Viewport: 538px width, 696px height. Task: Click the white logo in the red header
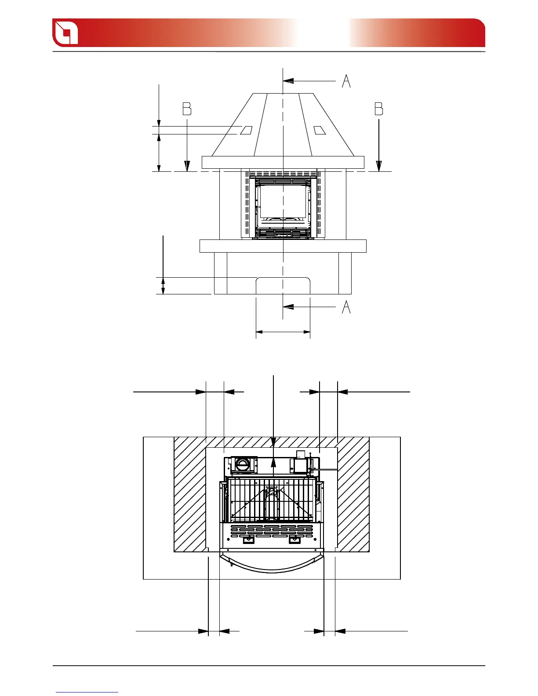pyautogui.click(x=65, y=33)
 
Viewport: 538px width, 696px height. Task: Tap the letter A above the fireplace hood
pyautogui.click(x=346, y=81)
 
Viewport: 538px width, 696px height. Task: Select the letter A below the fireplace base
pyautogui.click(x=346, y=307)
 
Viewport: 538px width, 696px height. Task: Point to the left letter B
pyautogui.click(x=187, y=109)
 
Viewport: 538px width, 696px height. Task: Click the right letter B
pyautogui.click(x=378, y=109)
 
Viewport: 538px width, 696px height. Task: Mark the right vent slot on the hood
pyautogui.click(x=320, y=130)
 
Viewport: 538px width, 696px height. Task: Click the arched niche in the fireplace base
pyautogui.click(x=283, y=286)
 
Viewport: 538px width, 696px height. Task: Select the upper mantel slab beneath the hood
pyautogui.click(x=283, y=162)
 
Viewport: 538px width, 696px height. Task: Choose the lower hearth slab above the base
pyautogui.click(x=283, y=246)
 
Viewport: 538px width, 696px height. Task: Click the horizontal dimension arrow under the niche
pyautogui.click(x=283, y=332)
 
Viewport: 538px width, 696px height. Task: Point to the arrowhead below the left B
pyautogui.click(x=187, y=166)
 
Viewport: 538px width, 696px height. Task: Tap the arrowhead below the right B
pyautogui.click(x=379, y=166)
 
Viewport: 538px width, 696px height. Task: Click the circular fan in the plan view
pyautogui.click(x=242, y=464)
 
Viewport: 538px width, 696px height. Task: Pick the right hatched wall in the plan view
pyautogui.click(x=353, y=497)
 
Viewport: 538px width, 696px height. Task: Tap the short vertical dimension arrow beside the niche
pyautogui.click(x=164, y=286)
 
